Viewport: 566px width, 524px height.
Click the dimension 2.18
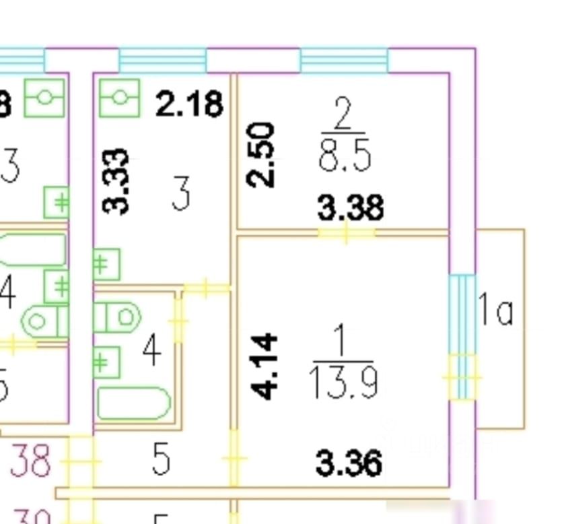click(x=189, y=104)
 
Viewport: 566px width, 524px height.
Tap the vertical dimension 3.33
click(x=116, y=181)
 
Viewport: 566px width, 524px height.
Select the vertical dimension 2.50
click(x=261, y=154)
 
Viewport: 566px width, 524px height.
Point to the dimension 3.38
click(x=351, y=207)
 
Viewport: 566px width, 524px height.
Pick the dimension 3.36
click(x=349, y=463)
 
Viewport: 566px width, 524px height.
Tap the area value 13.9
click(x=343, y=383)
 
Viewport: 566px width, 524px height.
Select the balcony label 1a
click(x=496, y=311)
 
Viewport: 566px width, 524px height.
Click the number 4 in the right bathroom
click(x=152, y=351)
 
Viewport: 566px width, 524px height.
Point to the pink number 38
click(x=30, y=461)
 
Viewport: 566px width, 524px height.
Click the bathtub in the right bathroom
click(x=133, y=403)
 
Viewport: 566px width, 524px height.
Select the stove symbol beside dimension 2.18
click(x=119, y=98)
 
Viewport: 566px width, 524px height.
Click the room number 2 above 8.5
click(x=343, y=115)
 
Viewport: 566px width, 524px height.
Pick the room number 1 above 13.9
click(x=341, y=342)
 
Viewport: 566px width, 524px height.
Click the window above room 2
click(x=344, y=60)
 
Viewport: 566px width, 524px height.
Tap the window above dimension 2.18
click(x=162, y=60)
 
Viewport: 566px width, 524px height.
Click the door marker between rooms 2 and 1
click(x=346, y=233)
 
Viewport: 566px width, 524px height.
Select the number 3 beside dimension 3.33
click(x=180, y=194)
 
